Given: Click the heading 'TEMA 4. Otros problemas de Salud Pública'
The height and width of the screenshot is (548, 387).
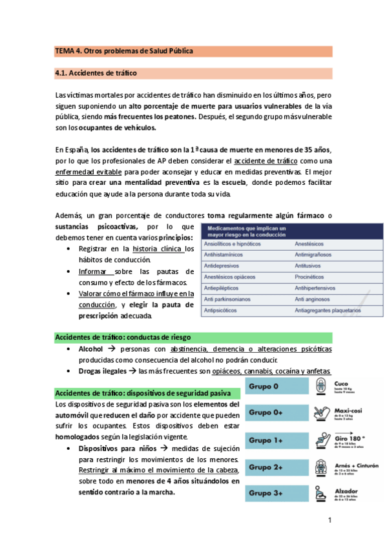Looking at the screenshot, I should pyautogui.click(x=124, y=50).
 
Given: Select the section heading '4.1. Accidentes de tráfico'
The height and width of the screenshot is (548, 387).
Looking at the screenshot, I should pyautogui.click(x=96, y=73).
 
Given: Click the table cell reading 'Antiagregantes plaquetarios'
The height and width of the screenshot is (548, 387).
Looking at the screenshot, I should pyautogui.click(x=328, y=310).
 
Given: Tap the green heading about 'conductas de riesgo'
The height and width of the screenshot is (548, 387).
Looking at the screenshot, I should pyautogui.click(x=123, y=337).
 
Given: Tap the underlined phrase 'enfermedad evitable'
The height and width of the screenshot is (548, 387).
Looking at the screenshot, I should pyautogui.click(x=87, y=172).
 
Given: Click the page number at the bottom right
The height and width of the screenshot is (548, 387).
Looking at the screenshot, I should pyautogui.click(x=329, y=520).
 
